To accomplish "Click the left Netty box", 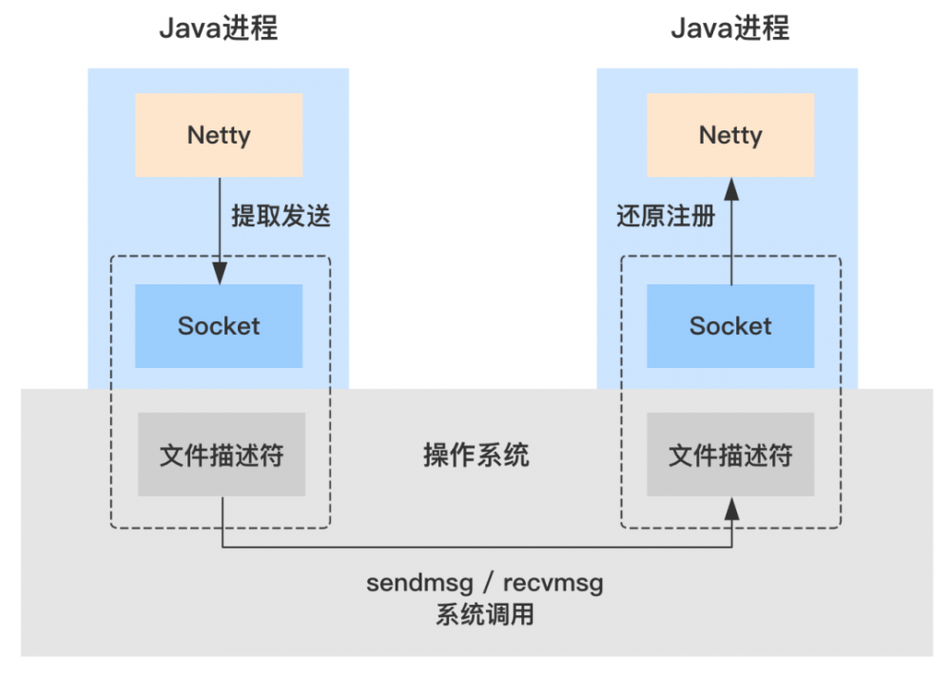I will click(x=219, y=135).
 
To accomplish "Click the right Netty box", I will click(x=730, y=135).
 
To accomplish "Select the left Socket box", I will click(x=219, y=326).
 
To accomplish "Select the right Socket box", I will click(x=730, y=326).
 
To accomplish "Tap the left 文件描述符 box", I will click(x=221, y=454).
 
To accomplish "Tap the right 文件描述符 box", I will click(x=730, y=454).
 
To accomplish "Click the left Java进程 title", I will click(x=218, y=29).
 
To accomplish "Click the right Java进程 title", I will click(x=730, y=29).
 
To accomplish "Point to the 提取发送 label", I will click(x=281, y=217).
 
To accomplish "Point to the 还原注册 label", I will click(x=666, y=217).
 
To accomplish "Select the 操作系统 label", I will click(x=475, y=454).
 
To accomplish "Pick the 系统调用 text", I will click(x=485, y=615).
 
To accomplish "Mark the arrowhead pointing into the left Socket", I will click(x=220, y=276).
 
